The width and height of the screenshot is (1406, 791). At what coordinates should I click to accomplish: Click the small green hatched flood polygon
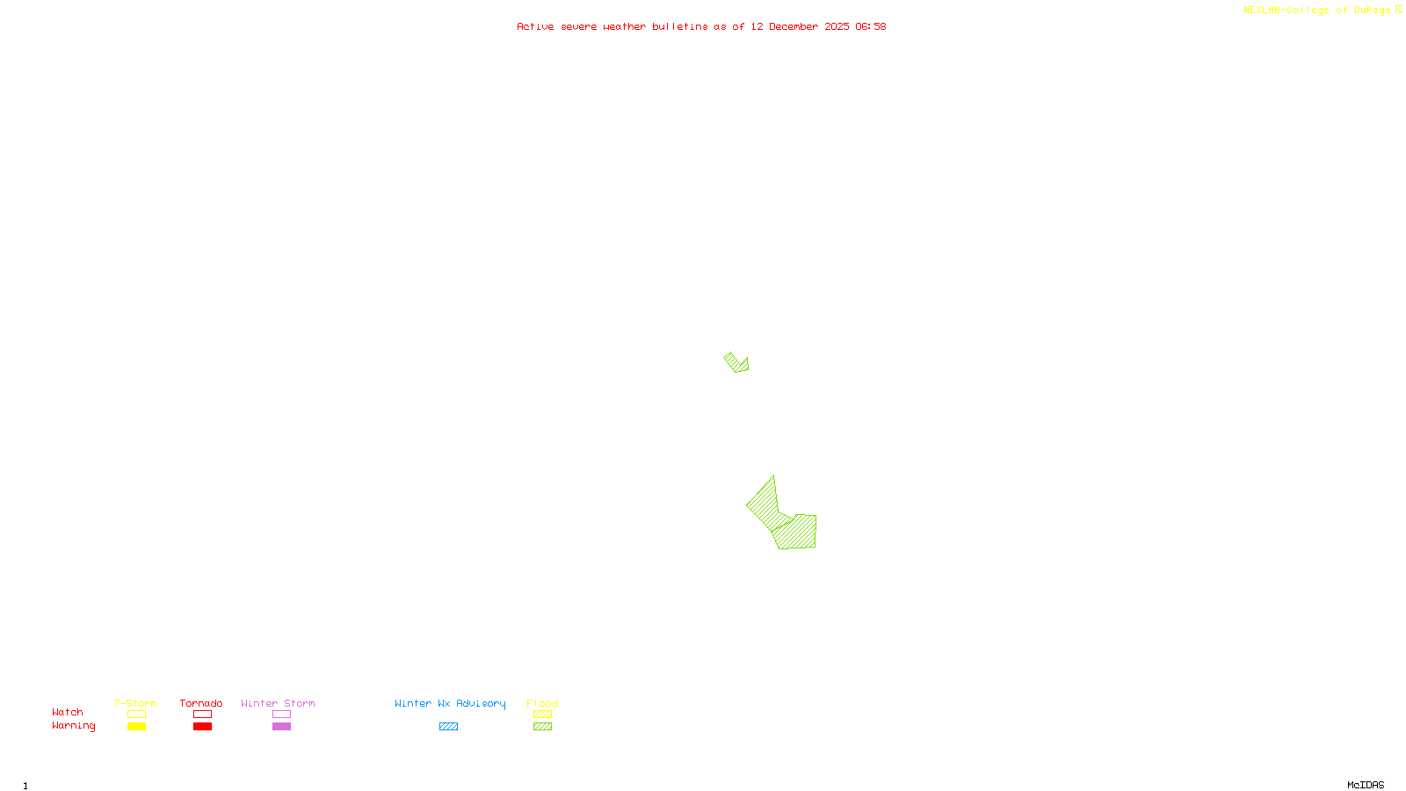[736, 362]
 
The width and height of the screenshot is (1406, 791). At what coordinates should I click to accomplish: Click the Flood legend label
[542, 703]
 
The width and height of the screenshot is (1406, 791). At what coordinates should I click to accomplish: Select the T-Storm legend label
[135, 703]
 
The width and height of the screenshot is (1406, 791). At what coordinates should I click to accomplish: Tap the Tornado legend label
[201, 703]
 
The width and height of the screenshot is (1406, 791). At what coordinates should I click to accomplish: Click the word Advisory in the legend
[481, 703]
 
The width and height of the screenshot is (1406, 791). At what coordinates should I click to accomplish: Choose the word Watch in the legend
[68, 712]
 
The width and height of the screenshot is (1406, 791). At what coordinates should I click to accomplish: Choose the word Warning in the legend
[74, 726]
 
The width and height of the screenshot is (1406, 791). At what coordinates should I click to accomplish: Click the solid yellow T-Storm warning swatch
[136, 727]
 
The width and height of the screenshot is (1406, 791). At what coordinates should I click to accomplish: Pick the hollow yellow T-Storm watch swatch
[136, 715]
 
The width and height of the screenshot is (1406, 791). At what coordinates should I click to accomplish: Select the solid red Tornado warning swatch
[203, 727]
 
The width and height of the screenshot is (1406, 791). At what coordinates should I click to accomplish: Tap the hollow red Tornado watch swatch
[203, 715]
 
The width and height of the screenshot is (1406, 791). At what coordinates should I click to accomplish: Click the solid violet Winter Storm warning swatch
[281, 727]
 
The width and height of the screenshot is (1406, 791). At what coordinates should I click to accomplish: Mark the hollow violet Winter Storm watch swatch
[281, 715]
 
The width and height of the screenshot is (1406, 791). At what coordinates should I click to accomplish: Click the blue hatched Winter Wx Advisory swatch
[448, 727]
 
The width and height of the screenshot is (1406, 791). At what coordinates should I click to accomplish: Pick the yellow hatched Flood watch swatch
[543, 715]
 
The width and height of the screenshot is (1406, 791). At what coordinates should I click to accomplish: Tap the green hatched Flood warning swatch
[543, 727]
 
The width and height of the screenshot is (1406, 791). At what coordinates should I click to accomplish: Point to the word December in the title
[794, 26]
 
